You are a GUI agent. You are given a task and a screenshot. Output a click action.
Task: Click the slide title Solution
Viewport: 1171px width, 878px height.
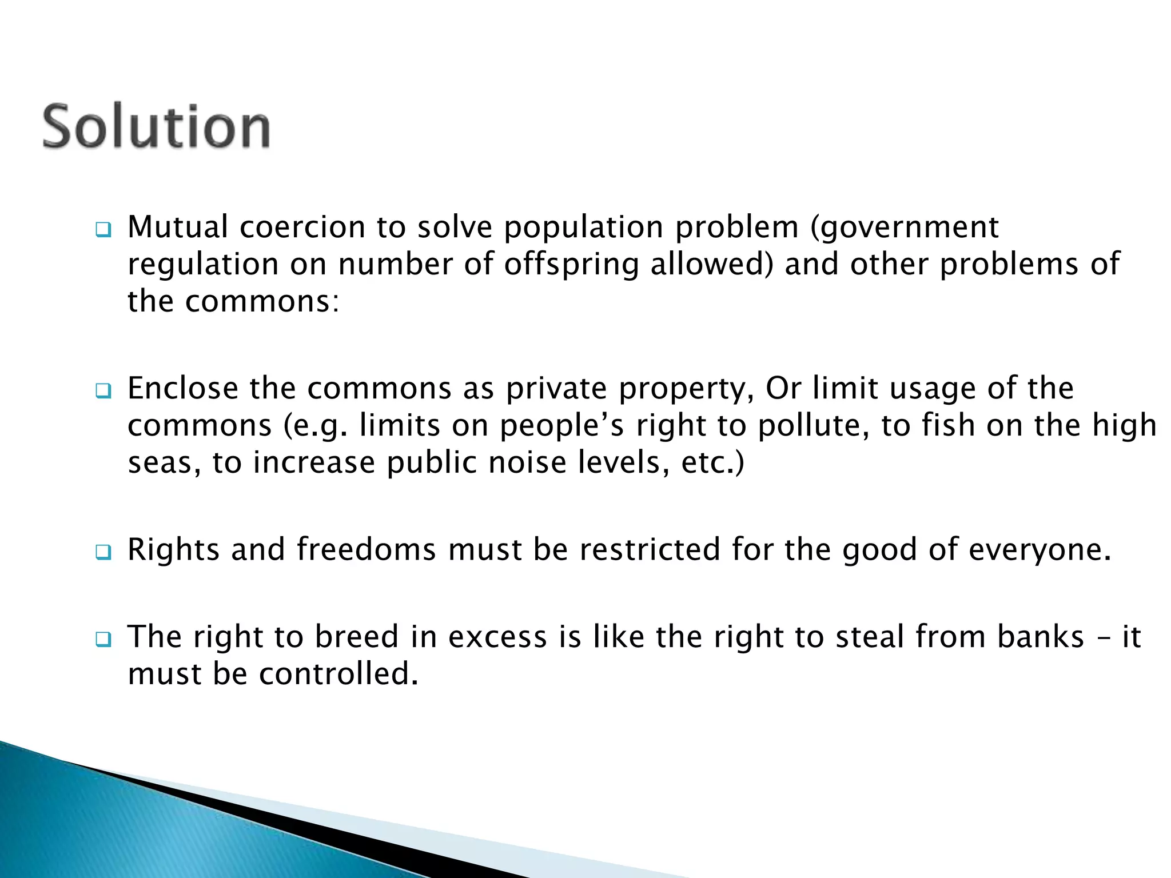tap(156, 126)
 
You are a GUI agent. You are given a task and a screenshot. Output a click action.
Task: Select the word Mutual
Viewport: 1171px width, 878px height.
tap(178, 227)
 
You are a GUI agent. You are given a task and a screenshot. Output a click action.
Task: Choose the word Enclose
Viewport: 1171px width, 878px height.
tap(183, 388)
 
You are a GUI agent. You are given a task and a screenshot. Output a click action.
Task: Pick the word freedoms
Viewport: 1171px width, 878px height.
tap(366, 549)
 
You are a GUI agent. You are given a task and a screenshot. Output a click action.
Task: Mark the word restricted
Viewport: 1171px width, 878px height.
tap(650, 549)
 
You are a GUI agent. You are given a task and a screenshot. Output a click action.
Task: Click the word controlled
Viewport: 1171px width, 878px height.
tap(338, 674)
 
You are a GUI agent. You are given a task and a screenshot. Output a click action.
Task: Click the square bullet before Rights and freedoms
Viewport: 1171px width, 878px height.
tap(103, 552)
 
